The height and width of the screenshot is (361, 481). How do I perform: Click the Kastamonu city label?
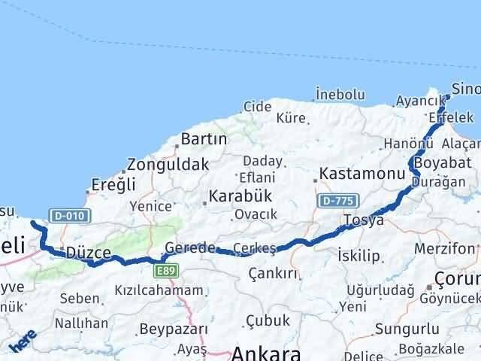tap(353, 173)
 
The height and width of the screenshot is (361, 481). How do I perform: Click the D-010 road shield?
tap(69, 215)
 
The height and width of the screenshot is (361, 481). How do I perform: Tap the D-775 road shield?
tap(335, 201)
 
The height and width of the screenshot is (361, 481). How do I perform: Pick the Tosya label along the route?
tap(364, 220)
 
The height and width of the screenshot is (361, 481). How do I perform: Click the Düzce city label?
tap(89, 253)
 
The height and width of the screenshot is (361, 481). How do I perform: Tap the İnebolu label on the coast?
tap(340, 95)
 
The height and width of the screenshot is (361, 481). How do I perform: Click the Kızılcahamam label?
tap(159, 290)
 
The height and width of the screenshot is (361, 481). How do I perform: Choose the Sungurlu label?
tap(407, 329)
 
